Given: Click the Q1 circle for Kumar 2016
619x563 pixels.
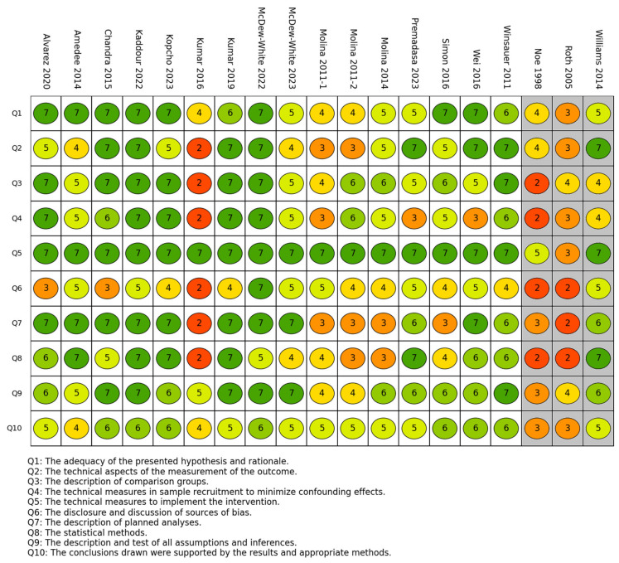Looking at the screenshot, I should pos(199,112).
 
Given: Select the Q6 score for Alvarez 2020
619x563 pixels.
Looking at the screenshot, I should pos(46,288).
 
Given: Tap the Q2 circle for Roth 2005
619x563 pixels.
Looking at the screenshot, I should pos(568,148).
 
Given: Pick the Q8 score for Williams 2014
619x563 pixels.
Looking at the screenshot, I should pos(598,358).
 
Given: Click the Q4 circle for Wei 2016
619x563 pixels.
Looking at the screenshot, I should pos(476,218).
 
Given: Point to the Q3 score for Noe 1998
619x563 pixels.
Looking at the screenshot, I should pos(537,182).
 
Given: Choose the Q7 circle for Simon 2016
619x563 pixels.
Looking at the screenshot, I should pos(445,323).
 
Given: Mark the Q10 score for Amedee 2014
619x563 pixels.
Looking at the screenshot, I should pos(76,429).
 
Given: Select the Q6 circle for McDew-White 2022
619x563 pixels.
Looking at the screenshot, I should pos(261,288).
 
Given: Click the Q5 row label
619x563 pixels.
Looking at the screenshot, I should pos(17,253).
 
